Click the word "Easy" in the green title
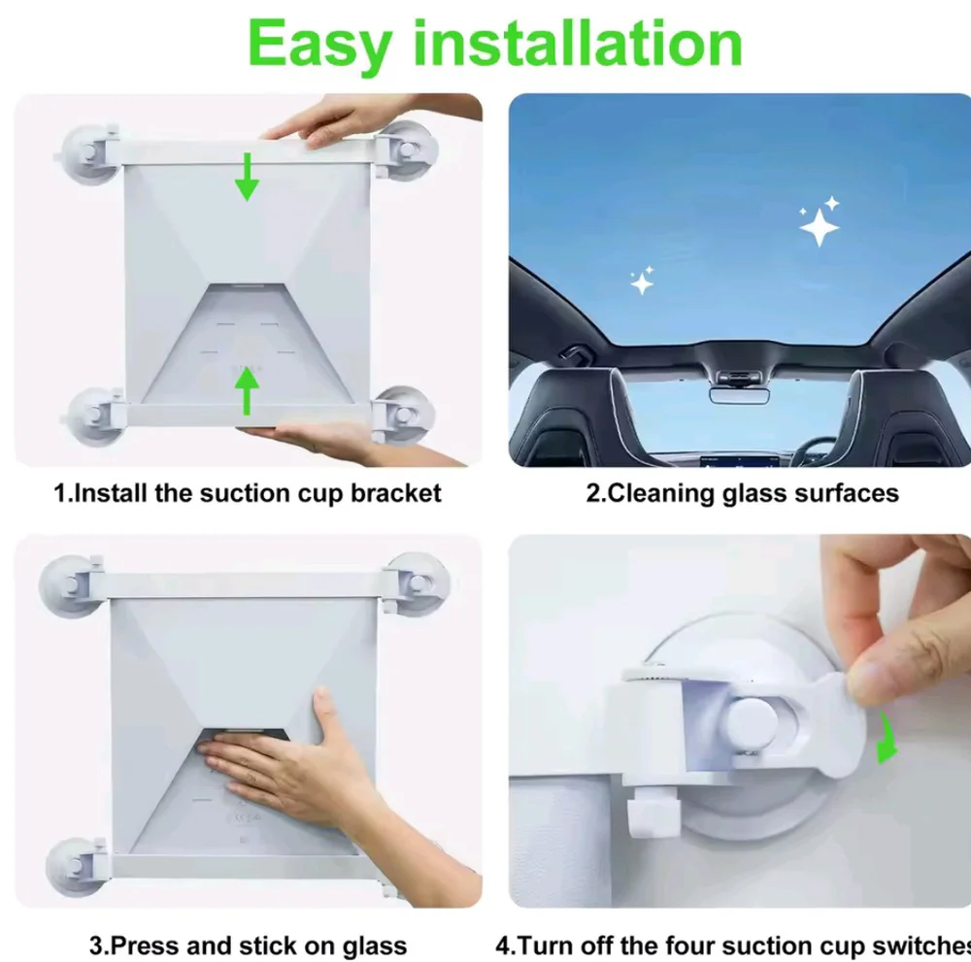[320, 45]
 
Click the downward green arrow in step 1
[247, 177]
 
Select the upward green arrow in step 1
[247, 390]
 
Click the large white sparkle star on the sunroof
[819, 227]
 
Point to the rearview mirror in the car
[739, 395]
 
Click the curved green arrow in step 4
[887, 737]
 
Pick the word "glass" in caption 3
[375, 945]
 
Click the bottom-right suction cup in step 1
[403, 415]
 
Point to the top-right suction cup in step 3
[417, 583]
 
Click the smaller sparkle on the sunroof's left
[642, 282]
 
